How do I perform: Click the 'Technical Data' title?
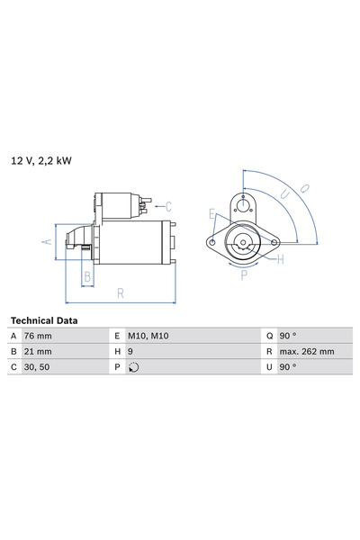pyautogui.click(x=43, y=320)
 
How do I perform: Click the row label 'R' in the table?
pyautogui.click(x=268, y=351)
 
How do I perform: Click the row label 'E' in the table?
pyautogui.click(x=117, y=335)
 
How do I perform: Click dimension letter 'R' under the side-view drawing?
pyautogui.click(x=121, y=293)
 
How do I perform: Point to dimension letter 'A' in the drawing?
pyautogui.click(x=47, y=240)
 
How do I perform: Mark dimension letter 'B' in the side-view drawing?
pyautogui.click(x=87, y=277)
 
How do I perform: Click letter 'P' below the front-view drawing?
pyautogui.click(x=243, y=277)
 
